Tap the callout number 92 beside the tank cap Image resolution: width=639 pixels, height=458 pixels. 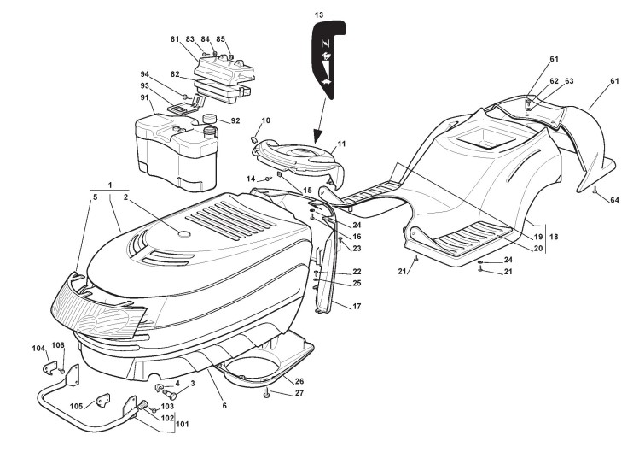tap(235, 121)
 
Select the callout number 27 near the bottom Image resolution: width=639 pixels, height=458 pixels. tap(299, 393)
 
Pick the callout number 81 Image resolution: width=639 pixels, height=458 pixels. tap(174, 39)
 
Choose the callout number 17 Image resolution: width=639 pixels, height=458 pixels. tap(357, 306)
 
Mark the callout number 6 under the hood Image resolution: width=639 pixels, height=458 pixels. tap(224, 405)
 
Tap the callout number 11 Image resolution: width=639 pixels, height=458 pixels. tap(341, 145)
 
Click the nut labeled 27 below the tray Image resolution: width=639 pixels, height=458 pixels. tap(269, 393)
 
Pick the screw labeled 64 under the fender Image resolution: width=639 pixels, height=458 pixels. tap(595, 192)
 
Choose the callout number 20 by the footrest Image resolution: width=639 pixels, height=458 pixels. tap(538, 248)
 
